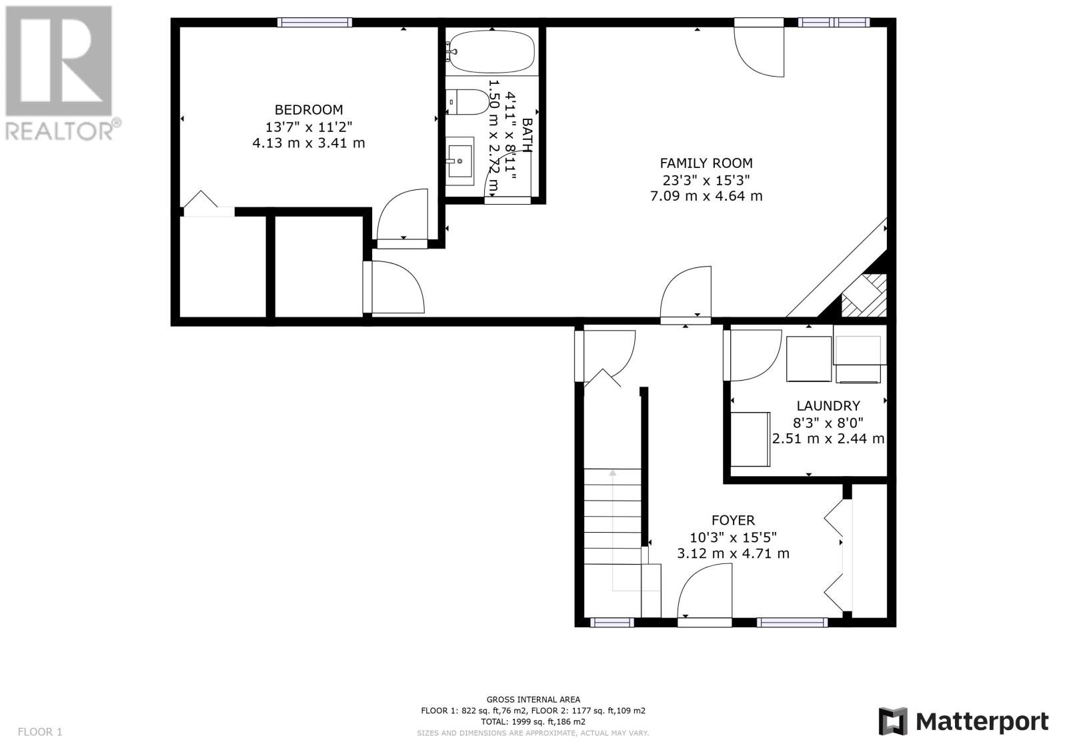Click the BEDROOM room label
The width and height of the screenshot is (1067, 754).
(309, 109)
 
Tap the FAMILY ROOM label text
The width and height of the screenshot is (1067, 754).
(706, 163)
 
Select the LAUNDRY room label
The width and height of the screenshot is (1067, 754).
(828, 406)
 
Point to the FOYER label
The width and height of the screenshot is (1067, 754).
(733, 520)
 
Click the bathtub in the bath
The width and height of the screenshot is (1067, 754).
(491, 51)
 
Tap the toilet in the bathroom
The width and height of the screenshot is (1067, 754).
(467, 102)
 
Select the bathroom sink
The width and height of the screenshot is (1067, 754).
(460, 161)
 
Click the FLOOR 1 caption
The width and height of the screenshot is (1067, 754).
(40, 732)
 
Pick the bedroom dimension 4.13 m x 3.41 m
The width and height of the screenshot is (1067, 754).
(309, 143)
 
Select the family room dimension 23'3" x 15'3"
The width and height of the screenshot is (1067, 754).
(706, 181)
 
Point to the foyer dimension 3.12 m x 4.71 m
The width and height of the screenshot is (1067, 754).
(733, 553)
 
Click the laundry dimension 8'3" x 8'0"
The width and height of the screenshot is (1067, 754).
(828, 423)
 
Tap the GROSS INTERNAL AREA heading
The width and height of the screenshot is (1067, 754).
(533, 700)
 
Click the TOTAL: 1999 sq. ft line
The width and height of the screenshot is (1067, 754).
(533, 721)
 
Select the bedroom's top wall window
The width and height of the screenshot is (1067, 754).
(314, 23)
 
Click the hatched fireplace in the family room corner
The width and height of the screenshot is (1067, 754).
(864, 295)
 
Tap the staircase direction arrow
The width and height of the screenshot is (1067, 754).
(613, 529)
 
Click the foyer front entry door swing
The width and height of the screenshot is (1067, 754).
(704, 592)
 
